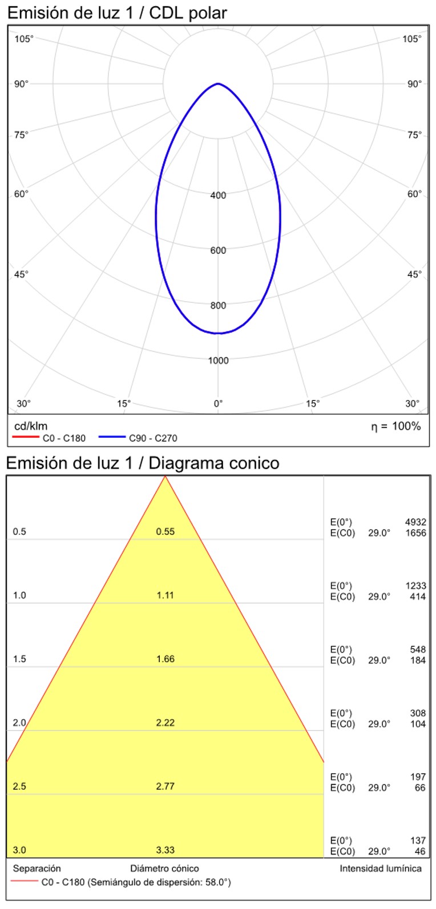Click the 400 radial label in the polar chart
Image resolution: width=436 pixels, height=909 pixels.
coord(218,195)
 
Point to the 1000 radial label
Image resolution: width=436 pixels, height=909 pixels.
coord(218,361)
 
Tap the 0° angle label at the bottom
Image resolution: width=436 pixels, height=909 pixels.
coord(218,404)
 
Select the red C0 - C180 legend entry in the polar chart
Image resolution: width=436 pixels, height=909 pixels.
coord(49,438)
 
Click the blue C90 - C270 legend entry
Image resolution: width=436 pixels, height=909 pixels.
coord(138,438)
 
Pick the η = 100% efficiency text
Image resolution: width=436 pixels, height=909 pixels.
coord(395,426)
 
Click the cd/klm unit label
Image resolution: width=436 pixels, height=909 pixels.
coord(31,426)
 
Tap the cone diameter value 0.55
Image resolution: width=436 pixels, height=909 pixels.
coord(165,531)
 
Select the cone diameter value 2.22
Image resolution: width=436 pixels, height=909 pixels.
coord(165,723)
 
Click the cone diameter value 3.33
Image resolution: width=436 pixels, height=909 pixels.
coord(165,850)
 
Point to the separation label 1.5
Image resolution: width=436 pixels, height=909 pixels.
coord(19,659)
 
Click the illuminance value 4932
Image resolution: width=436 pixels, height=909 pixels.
coord(415,522)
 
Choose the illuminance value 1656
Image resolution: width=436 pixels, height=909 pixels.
coord(415,533)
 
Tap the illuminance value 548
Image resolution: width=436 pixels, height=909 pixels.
coord(418,650)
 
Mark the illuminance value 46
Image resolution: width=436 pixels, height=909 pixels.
coord(420,851)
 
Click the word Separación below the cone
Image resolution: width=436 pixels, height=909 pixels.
coord(37,868)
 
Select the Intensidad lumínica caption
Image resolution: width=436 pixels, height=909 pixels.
coord(381,868)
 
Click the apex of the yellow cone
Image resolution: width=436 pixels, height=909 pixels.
coord(165,476)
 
